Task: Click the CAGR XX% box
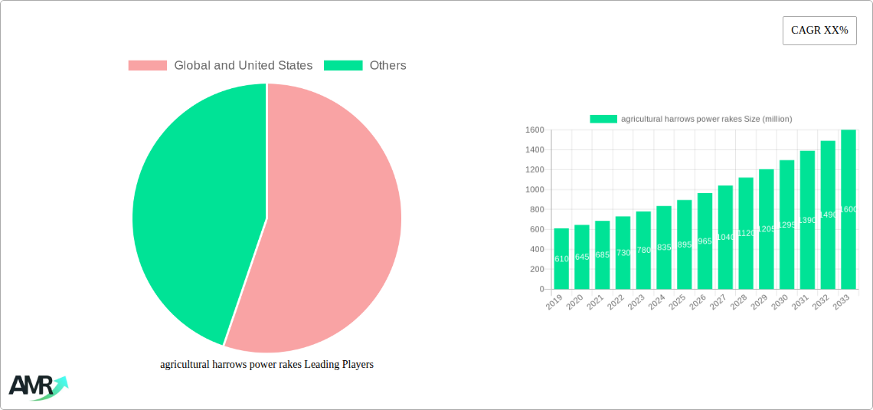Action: [819, 31]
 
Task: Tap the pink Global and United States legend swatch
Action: [147, 66]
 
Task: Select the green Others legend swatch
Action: [342, 66]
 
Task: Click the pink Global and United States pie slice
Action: [329, 230]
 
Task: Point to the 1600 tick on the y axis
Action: [535, 130]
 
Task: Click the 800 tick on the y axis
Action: [537, 210]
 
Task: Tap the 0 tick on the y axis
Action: [542, 290]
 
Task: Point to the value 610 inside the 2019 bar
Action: [561, 259]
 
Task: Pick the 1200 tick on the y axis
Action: [535, 170]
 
